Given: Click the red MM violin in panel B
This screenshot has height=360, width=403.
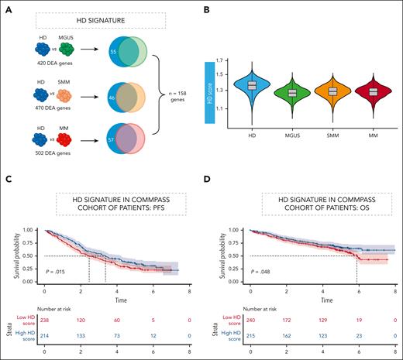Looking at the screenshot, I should (384, 91).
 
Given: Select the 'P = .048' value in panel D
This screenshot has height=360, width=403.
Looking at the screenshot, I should (255, 272).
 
